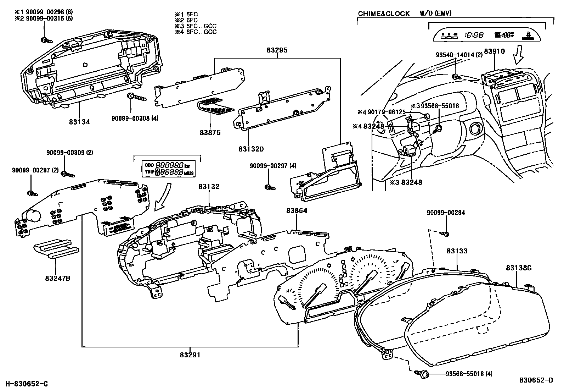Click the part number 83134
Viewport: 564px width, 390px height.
pyautogui.click(x=79, y=122)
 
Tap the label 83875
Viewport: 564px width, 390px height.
pyautogui.click(x=210, y=133)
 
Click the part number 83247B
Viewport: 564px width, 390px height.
pyautogui.click(x=57, y=278)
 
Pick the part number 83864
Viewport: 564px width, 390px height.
pyautogui.click(x=297, y=210)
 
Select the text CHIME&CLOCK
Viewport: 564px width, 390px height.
pyautogui.click(x=384, y=14)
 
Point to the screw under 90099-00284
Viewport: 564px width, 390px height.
pyautogui.click(x=444, y=234)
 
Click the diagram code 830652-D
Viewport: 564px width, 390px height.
pyautogui.click(x=536, y=380)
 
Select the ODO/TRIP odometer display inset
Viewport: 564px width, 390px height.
pyautogui.click(x=167, y=168)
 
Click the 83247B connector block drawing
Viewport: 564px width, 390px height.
pyautogui.click(x=56, y=249)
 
